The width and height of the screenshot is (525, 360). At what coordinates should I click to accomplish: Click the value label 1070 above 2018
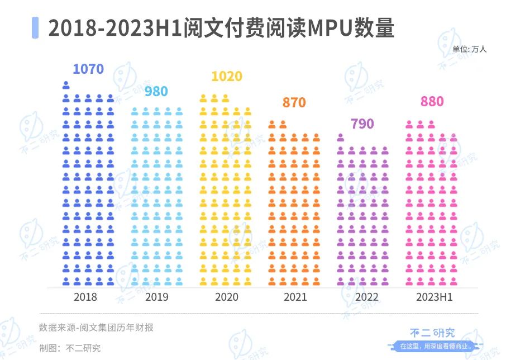coord(88,69)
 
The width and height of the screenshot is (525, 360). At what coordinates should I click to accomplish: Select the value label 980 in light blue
coord(156,91)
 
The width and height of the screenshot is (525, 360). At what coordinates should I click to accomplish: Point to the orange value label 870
coord(294,103)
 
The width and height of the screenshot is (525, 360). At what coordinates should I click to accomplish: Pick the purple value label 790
coord(362,124)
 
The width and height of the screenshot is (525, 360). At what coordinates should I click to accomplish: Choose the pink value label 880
coord(432,102)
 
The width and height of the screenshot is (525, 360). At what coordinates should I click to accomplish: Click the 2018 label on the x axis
coord(85,297)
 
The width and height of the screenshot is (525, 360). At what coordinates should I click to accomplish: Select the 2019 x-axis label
coord(156,297)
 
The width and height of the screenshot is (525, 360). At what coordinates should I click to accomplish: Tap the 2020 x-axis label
coord(226,297)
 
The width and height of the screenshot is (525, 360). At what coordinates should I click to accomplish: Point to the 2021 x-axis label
coord(295,297)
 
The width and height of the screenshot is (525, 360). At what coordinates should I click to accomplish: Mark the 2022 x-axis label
coord(366,297)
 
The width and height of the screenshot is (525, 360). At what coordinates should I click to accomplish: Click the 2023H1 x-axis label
coord(434,297)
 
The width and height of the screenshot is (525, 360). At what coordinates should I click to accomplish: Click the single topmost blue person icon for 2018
coord(66,85)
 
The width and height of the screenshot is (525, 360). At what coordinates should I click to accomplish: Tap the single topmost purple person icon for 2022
coord(341,137)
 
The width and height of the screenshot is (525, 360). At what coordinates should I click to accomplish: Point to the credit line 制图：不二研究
coord(70,348)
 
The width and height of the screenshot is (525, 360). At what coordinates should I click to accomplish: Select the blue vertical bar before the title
coord(35,27)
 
